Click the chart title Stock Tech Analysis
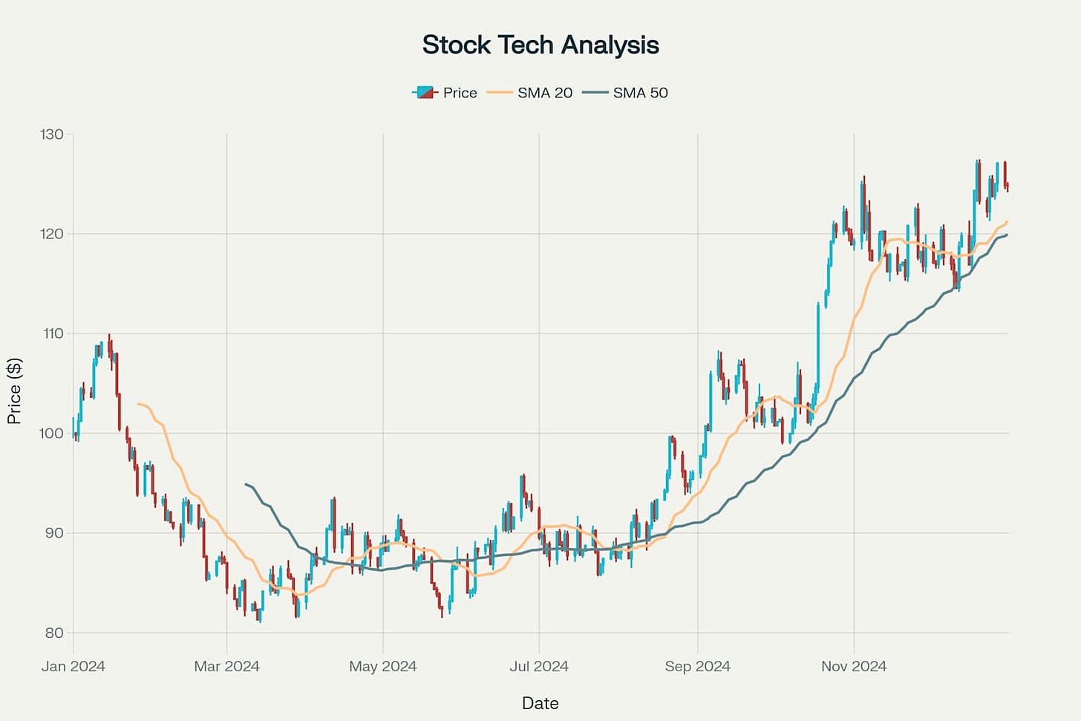tap(540, 45)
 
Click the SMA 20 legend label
tap(545, 93)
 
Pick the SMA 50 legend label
tap(640, 93)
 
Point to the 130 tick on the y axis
tap(52, 134)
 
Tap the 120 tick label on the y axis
tap(52, 234)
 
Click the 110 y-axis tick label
tap(53, 333)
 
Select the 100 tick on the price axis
tap(52, 433)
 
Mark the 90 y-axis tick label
tap(54, 533)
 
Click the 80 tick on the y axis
tap(54, 633)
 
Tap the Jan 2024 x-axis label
tap(73, 666)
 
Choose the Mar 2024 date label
tap(226, 666)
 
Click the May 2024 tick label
tap(383, 666)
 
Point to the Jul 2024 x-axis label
tap(539, 666)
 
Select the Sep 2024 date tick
tap(698, 666)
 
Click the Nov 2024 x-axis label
tap(854, 666)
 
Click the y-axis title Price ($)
tap(14, 391)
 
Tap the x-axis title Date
tap(540, 703)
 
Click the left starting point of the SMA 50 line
tap(245, 484)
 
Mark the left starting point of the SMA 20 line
tap(138, 403)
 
